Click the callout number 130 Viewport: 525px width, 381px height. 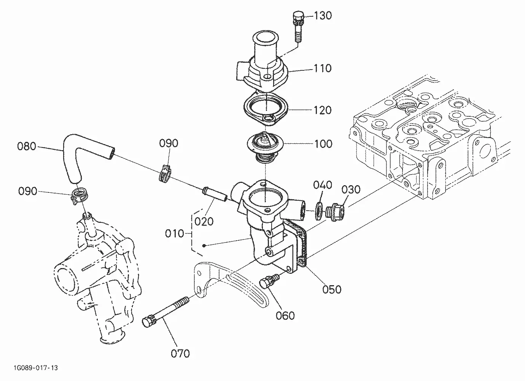click(x=323, y=16)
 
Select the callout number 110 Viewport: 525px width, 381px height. click(x=323, y=68)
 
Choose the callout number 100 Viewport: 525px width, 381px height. click(x=323, y=144)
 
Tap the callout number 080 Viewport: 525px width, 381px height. click(x=27, y=146)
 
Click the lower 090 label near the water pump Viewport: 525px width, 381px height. click(x=28, y=191)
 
